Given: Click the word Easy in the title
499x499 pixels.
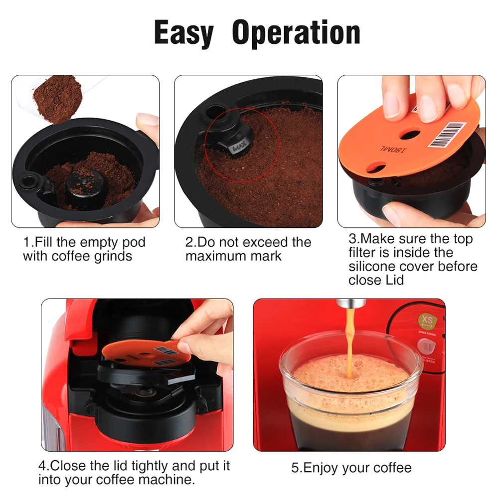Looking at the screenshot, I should tap(183, 33).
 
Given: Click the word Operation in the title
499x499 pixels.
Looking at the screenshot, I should tap(296, 33).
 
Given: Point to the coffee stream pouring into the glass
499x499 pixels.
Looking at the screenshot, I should tap(350, 344).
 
